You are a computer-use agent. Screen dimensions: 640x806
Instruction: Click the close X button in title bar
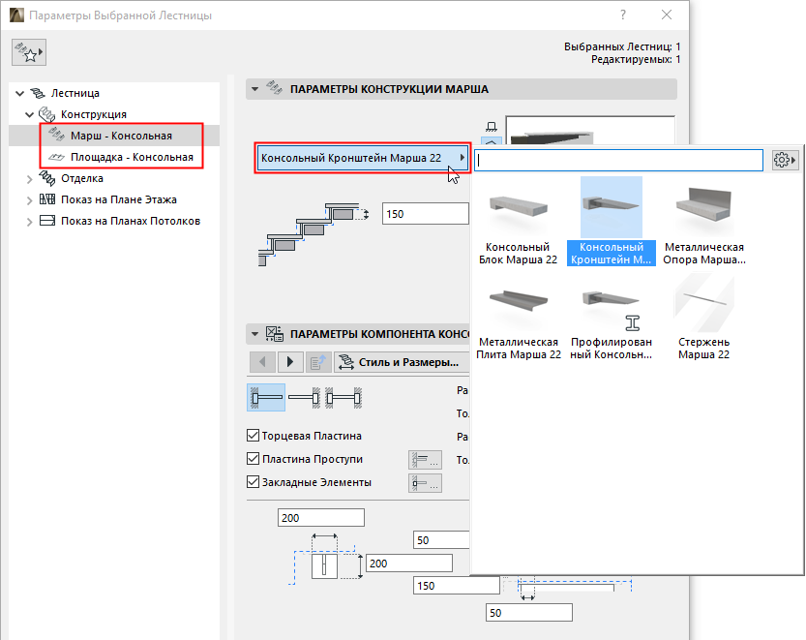click(666, 15)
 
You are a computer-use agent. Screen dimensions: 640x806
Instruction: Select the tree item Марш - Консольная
click(121, 136)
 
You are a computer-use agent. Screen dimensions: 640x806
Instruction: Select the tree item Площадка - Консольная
click(131, 157)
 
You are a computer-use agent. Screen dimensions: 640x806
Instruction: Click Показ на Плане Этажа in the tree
click(118, 199)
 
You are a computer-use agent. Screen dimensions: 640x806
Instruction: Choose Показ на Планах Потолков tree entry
click(130, 221)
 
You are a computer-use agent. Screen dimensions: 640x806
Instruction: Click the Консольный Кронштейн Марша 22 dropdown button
click(362, 158)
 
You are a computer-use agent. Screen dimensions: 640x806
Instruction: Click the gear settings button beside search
click(785, 161)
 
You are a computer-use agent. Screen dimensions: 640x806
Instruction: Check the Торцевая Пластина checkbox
click(254, 437)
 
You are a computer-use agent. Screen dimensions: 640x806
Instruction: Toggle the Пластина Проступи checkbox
click(254, 459)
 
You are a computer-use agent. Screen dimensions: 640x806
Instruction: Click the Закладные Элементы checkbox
click(254, 482)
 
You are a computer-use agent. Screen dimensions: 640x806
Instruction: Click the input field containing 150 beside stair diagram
click(425, 214)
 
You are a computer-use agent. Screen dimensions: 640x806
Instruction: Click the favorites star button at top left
click(29, 54)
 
